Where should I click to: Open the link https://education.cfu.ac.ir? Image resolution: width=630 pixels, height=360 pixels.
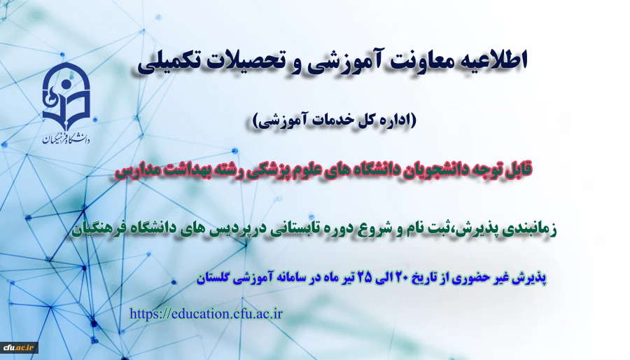[206, 313]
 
